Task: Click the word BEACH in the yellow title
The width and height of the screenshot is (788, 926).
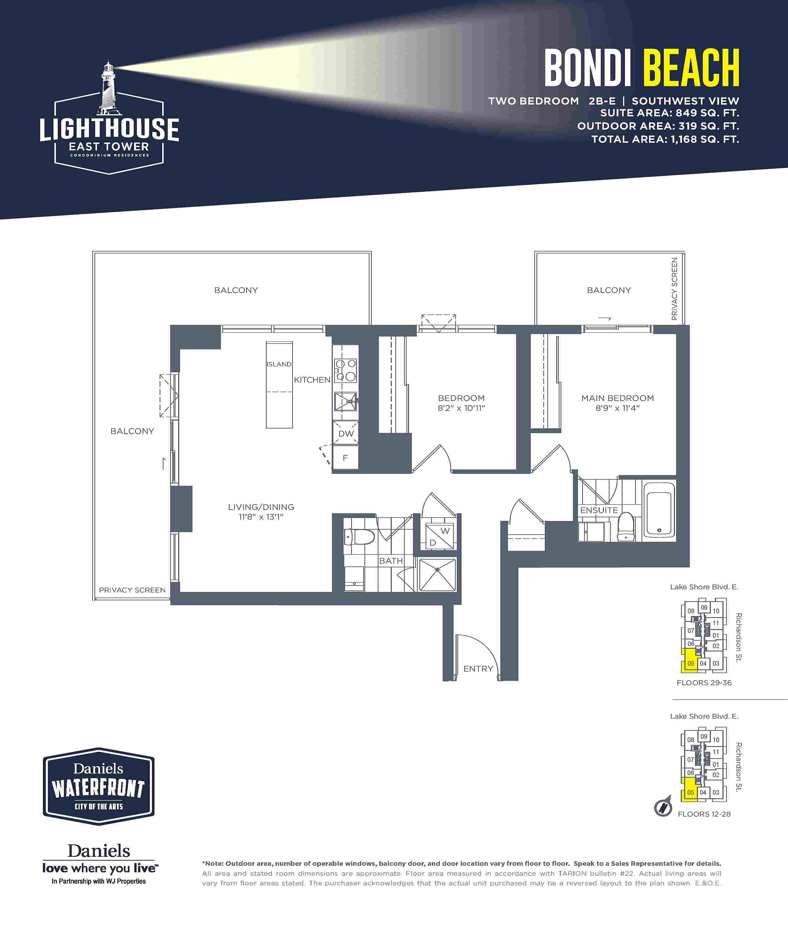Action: [691, 68]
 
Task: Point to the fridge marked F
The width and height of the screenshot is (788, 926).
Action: [345, 457]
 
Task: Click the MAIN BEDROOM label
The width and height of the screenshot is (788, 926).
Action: [617, 398]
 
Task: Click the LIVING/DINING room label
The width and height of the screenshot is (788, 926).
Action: [261, 507]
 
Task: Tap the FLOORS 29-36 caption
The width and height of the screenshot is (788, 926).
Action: [704, 683]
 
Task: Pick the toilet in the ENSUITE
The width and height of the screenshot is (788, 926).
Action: [626, 527]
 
